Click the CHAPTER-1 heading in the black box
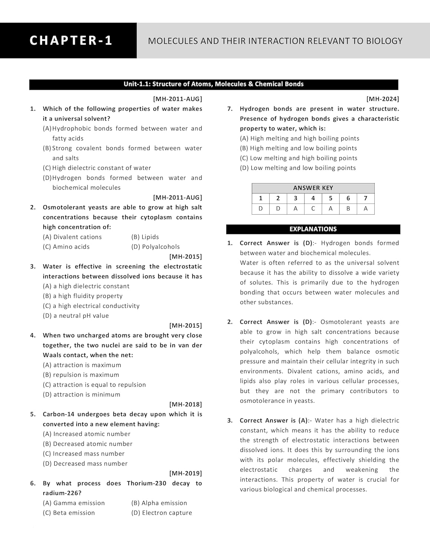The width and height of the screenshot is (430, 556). (70, 40)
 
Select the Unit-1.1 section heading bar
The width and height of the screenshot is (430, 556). (213, 84)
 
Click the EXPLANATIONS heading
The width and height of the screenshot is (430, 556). (313, 229)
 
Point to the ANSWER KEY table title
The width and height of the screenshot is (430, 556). (313, 188)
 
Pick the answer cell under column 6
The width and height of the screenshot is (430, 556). (348, 209)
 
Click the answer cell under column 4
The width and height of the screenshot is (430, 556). (313, 209)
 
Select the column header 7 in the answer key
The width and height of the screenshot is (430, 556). (365, 198)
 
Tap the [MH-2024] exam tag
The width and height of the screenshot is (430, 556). (383, 99)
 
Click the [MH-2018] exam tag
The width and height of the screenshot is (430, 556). (186, 404)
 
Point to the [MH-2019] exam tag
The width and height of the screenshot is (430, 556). (186, 473)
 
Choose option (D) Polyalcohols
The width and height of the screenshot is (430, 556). (155, 247)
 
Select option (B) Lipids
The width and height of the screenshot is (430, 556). (145, 237)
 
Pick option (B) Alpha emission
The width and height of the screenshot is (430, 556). (159, 503)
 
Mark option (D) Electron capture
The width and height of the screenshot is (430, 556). (162, 513)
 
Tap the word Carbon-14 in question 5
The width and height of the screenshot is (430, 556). (59, 414)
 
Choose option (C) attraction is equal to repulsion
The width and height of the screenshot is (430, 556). (94, 385)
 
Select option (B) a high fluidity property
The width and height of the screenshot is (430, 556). (83, 296)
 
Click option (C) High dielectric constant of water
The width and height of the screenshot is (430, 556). (97, 168)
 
